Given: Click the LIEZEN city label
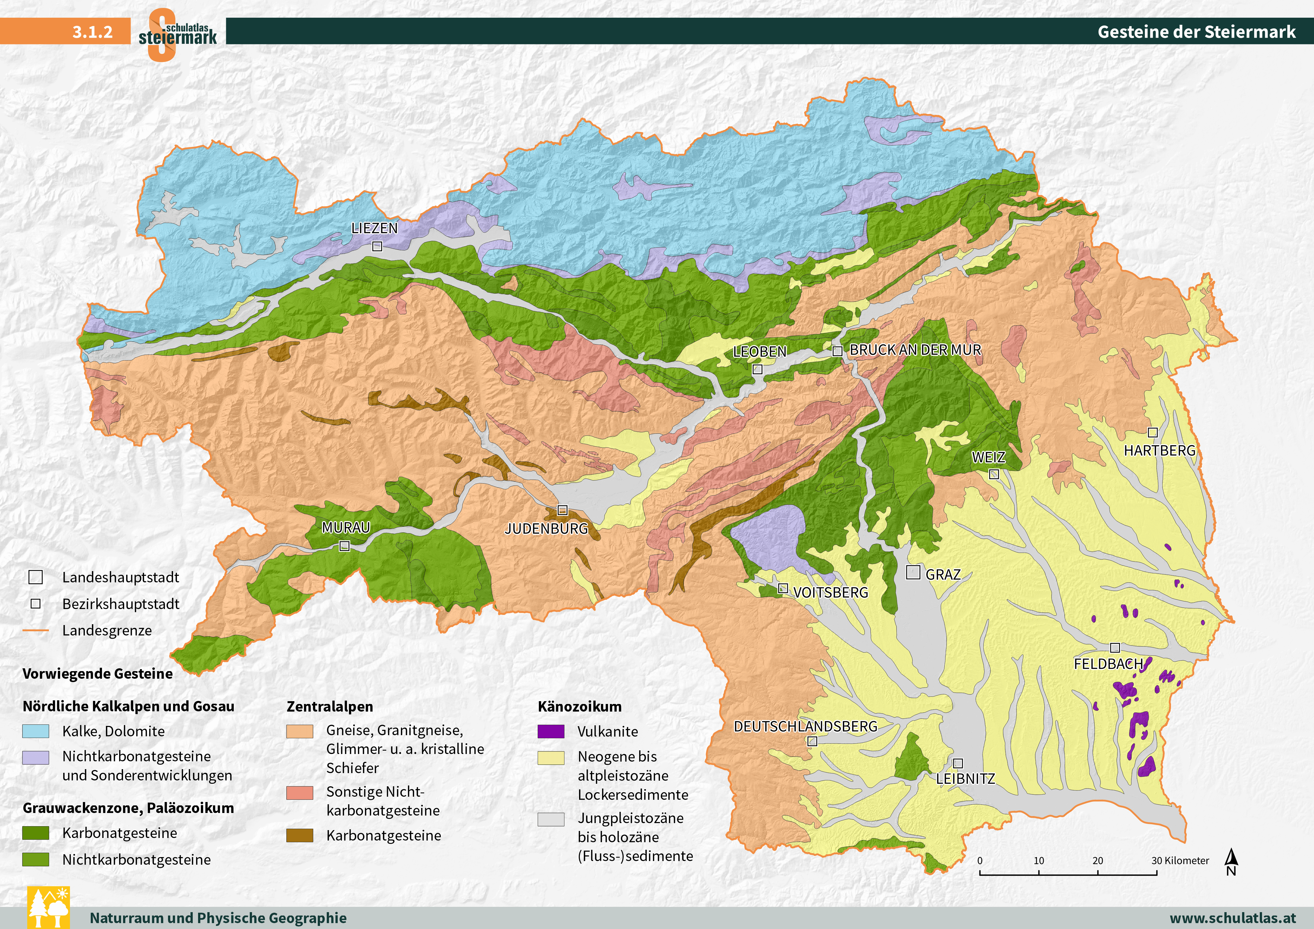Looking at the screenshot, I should pyautogui.click(x=374, y=228).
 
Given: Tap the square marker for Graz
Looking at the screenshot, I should pyautogui.click(x=913, y=572).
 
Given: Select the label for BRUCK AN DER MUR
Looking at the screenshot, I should pyautogui.click(x=915, y=350).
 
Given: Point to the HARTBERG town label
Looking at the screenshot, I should pyautogui.click(x=1159, y=451).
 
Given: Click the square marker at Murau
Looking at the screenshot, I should pyautogui.click(x=344, y=546).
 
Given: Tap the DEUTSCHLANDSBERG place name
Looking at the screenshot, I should pyautogui.click(x=805, y=726).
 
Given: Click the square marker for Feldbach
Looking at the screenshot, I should pyautogui.click(x=1115, y=648).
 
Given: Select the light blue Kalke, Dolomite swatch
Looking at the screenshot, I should pyautogui.click(x=35, y=731).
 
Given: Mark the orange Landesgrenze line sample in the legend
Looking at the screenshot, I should pyautogui.click(x=35, y=631).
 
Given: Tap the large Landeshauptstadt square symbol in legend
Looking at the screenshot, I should pyautogui.click(x=35, y=577).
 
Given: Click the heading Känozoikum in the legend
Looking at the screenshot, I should pyautogui.click(x=579, y=706).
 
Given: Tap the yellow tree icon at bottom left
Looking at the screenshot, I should pyautogui.click(x=49, y=907).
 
